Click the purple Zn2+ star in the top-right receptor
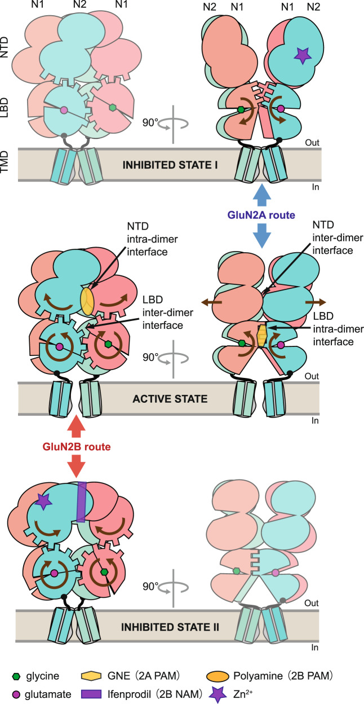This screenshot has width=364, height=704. [303, 55]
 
